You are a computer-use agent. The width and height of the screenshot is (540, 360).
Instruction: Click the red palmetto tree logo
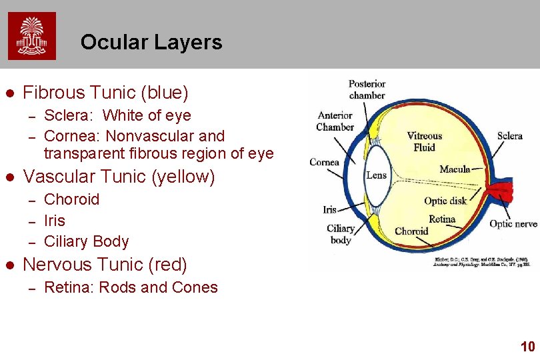(x=32, y=36)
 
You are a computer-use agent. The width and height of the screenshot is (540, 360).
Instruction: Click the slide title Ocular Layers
(x=151, y=43)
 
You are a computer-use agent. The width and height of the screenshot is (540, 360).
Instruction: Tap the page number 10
(x=527, y=346)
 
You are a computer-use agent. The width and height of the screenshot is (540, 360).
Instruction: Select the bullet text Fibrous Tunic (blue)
(x=106, y=92)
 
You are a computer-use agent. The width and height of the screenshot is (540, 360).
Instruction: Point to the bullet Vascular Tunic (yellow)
(x=119, y=177)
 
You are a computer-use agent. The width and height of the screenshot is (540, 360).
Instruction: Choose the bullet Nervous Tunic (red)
(x=105, y=265)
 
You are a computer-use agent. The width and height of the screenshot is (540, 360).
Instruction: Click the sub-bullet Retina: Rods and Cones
(x=131, y=287)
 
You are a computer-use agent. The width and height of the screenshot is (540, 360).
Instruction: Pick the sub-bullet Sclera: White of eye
(x=117, y=115)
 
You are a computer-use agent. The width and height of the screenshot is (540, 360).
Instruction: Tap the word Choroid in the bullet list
(x=71, y=199)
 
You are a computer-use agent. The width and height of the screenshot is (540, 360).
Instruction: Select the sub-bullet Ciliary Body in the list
(x=86, y=241)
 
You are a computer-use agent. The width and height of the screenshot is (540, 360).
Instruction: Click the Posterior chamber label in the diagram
(x=367, y=89)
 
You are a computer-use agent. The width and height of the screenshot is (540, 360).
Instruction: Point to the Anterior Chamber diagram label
(x=335, y=121)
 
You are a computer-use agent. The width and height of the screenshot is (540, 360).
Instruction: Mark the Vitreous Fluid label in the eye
(x=425, y=141)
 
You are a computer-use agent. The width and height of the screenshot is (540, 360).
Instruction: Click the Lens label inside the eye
(x=376, y=175)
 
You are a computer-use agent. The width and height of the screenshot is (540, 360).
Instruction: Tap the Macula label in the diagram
(x=455, y=169)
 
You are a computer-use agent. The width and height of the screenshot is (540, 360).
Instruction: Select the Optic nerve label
(x=513, y=224)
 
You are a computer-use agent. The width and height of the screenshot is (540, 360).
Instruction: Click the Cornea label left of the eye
(x=324, y=162)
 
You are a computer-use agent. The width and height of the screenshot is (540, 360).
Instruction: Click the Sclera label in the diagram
(x=510, y=136)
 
